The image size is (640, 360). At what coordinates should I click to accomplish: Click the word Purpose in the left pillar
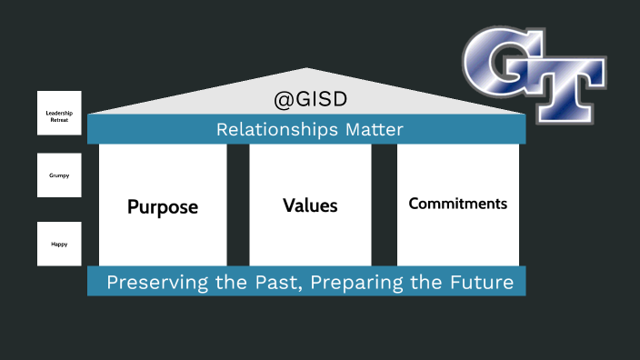click(163, 207)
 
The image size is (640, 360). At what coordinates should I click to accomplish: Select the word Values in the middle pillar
click(310, 205)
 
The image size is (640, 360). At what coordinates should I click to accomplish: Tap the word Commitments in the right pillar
click(457, 204)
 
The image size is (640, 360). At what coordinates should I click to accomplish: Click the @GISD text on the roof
click(310, 98)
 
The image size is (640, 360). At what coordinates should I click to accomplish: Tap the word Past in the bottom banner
click(281, 283)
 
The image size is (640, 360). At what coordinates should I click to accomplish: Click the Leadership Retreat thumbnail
click(59, 114)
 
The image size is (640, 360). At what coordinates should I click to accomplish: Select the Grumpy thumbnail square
click(59, 175)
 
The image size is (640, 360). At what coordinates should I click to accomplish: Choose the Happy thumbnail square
click(59, 244)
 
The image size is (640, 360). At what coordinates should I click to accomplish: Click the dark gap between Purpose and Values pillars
click(238, 205)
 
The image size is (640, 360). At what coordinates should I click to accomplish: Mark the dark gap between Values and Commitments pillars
click(384, 205)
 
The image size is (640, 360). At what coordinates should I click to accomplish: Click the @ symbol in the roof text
click(282, 98)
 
